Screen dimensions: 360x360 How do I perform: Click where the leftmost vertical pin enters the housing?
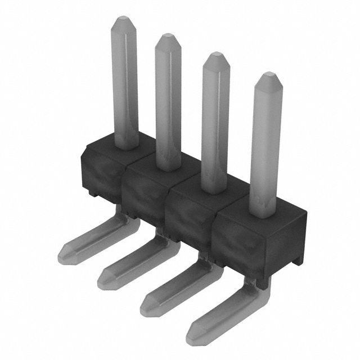tap(126, 145)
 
